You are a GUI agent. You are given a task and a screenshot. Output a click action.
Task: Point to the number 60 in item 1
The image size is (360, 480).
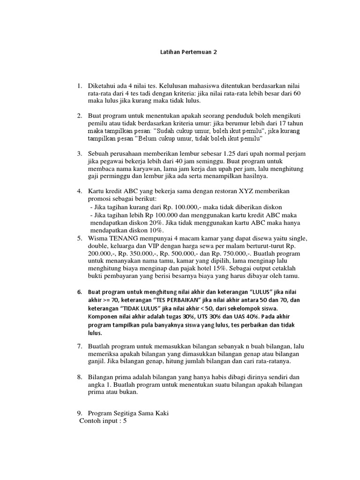point(296,94)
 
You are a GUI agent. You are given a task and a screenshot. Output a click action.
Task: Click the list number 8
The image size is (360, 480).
point(80,377)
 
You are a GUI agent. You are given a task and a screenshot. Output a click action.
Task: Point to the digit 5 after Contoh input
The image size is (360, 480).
point(125,421)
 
